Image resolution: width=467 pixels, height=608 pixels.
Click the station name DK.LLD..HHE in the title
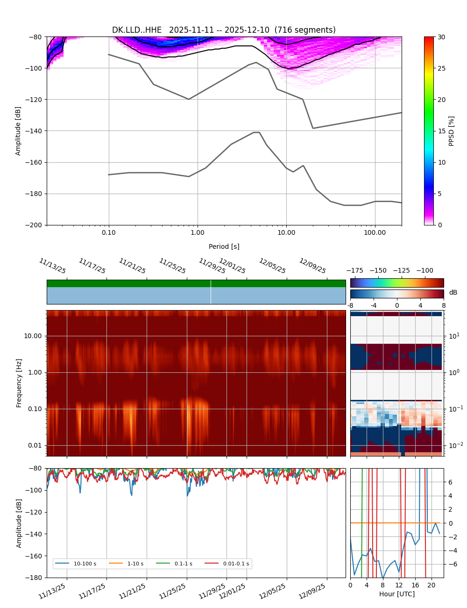pos(137,30)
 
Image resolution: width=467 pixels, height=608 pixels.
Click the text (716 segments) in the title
pos(305,30)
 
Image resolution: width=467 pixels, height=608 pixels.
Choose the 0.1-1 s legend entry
pos(183,564)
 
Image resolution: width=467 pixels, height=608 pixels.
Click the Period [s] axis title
pos(224,246)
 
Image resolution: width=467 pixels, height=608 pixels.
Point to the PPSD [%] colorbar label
pos(452,131)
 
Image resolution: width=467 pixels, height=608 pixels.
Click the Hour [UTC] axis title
pos(397,594)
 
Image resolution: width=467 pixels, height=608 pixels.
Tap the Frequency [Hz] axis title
pos(19,383)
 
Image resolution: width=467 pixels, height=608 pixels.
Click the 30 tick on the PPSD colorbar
pos(441,37)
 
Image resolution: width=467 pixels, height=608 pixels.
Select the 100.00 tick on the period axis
pos(375,232)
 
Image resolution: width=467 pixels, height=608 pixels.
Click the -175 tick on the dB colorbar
pos(357,270)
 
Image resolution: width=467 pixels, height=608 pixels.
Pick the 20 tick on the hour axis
pos(431,585)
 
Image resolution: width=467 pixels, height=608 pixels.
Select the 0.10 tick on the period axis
pos(109,232)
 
